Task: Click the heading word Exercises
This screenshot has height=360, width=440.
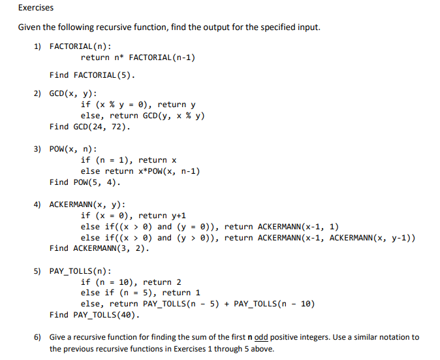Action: tap(36, 8)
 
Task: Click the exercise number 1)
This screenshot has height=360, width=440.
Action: tap(38, 46)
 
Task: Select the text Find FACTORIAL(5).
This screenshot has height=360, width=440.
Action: tap(92, 75)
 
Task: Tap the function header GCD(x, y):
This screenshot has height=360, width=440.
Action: tap(73, 93)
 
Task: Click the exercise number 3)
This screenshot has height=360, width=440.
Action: tap(38, 149)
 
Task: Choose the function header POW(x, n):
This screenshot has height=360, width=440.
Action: tap(73, 149)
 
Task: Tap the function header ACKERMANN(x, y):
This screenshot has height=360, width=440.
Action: tap(87, 205)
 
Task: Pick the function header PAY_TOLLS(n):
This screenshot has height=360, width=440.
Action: tap(80, 271)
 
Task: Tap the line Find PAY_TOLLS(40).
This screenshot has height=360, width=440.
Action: tap(95, 315)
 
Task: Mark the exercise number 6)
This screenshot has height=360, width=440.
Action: tap(38, 338)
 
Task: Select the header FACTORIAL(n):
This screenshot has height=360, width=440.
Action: tap(80, 46)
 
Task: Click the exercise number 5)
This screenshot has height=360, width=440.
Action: tap(38, 271)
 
